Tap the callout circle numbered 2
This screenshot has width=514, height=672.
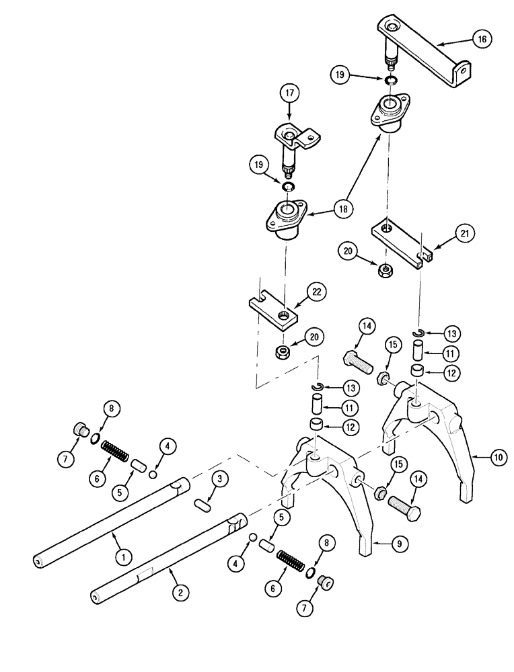pyautogui.click(x=179, y=592)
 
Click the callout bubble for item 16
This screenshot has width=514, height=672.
pyautogui.click(x=482, y=39)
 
